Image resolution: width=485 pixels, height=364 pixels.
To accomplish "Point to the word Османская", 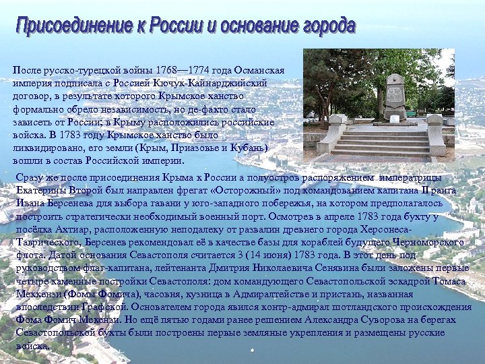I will [259, 70].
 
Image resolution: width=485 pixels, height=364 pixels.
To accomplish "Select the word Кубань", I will [238, 148].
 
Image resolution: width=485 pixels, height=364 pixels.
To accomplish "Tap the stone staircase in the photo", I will [381, 142].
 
